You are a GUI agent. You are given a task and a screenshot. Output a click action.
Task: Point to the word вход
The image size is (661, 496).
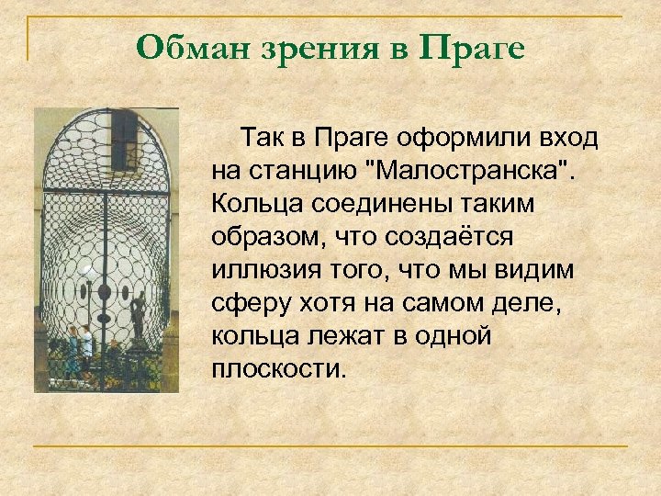[568, 138]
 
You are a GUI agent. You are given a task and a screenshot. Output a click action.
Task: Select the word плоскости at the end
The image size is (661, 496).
[278, 369]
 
